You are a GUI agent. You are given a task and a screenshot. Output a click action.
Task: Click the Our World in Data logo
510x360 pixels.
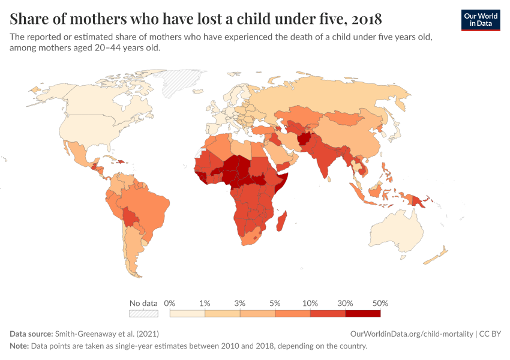(481, 20)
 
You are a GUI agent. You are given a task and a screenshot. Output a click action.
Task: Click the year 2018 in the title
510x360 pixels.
(362, 17)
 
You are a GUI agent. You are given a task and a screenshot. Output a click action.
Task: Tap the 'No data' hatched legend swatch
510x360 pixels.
(143, 313)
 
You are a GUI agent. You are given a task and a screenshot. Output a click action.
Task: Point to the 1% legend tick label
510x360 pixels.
(205, 303)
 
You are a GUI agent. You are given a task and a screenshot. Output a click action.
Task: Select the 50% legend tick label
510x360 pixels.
(380, 303)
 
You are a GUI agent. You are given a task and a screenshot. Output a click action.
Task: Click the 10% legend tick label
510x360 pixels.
(310, 303)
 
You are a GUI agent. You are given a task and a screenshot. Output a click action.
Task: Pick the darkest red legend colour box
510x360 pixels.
(362, 313)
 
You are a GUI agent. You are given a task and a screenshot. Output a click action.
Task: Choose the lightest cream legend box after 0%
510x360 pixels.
(187, 313)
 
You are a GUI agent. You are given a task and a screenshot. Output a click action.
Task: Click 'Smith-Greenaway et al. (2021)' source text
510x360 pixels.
(107, 334)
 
